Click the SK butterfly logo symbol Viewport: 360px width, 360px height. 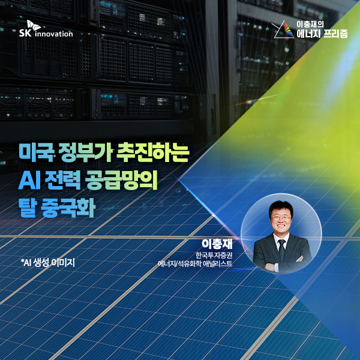pyautogui.click(x=34, y=25)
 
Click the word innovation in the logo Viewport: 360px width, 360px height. pyautogui.click(x=54, y=34)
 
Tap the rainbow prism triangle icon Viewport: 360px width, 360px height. pyautogui.click(x=284, y=29)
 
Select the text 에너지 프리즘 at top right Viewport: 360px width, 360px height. pyautogui.click(x=322, y=34)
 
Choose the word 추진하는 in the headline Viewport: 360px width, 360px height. pyautogui.click(x=152, y=152)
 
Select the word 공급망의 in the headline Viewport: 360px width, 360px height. pyautogui.click(x=121, y=181)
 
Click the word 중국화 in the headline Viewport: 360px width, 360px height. pyautogui.click(x=68, y=208)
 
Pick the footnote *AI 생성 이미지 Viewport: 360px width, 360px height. pyautogui.click(x=48, y=262)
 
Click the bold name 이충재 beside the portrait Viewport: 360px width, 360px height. pyautogui.click(x=217, y=244)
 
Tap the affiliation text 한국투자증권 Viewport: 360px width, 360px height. pyautogui.click(x=214, y=256)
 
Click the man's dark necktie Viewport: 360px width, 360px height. pyautogui.click(x=281, y=250)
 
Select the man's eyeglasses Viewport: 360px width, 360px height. pyautogui.click(x=281, y=218)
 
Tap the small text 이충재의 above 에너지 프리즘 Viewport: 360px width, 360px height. pyautogui.click(x=310, y=25)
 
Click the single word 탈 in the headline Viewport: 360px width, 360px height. pyautogui.click(x=28, y=208)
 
